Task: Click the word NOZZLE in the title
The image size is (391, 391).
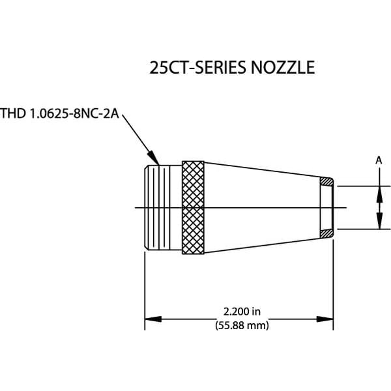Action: pos(283,68)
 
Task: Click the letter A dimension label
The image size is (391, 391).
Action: pos(379,158)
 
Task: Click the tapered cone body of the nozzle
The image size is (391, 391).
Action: pos(261,207)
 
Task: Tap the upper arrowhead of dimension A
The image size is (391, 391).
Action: pos(379,190)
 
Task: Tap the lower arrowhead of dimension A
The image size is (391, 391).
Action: pos(379,224)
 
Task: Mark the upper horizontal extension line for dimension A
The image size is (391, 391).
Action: pos(362,186)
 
